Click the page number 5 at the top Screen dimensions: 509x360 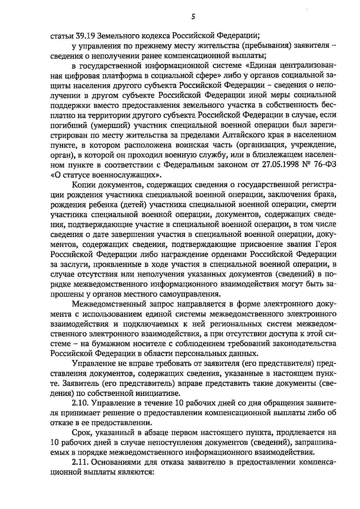click(193, 17)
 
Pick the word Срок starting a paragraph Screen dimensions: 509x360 click(82, 432)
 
